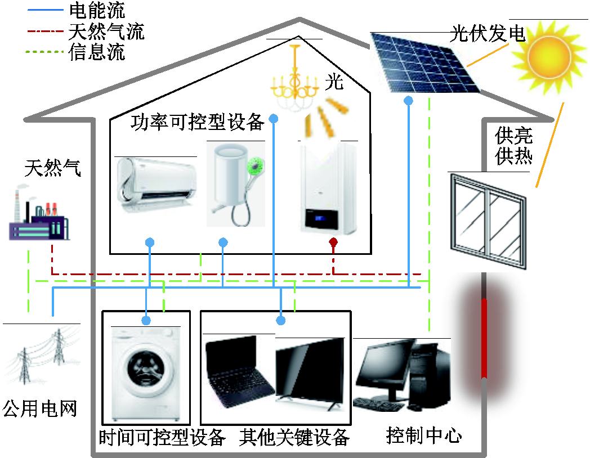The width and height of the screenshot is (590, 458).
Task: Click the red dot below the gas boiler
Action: pyautogui.click(x=333, y=243)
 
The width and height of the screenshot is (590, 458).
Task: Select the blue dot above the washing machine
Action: pyautogui.click(x=146, y=321)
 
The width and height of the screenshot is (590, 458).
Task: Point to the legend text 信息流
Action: pyautogui.click(x=96, y=53)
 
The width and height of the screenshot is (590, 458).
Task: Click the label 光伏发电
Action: pyautogui.click(x=488, y=34)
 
